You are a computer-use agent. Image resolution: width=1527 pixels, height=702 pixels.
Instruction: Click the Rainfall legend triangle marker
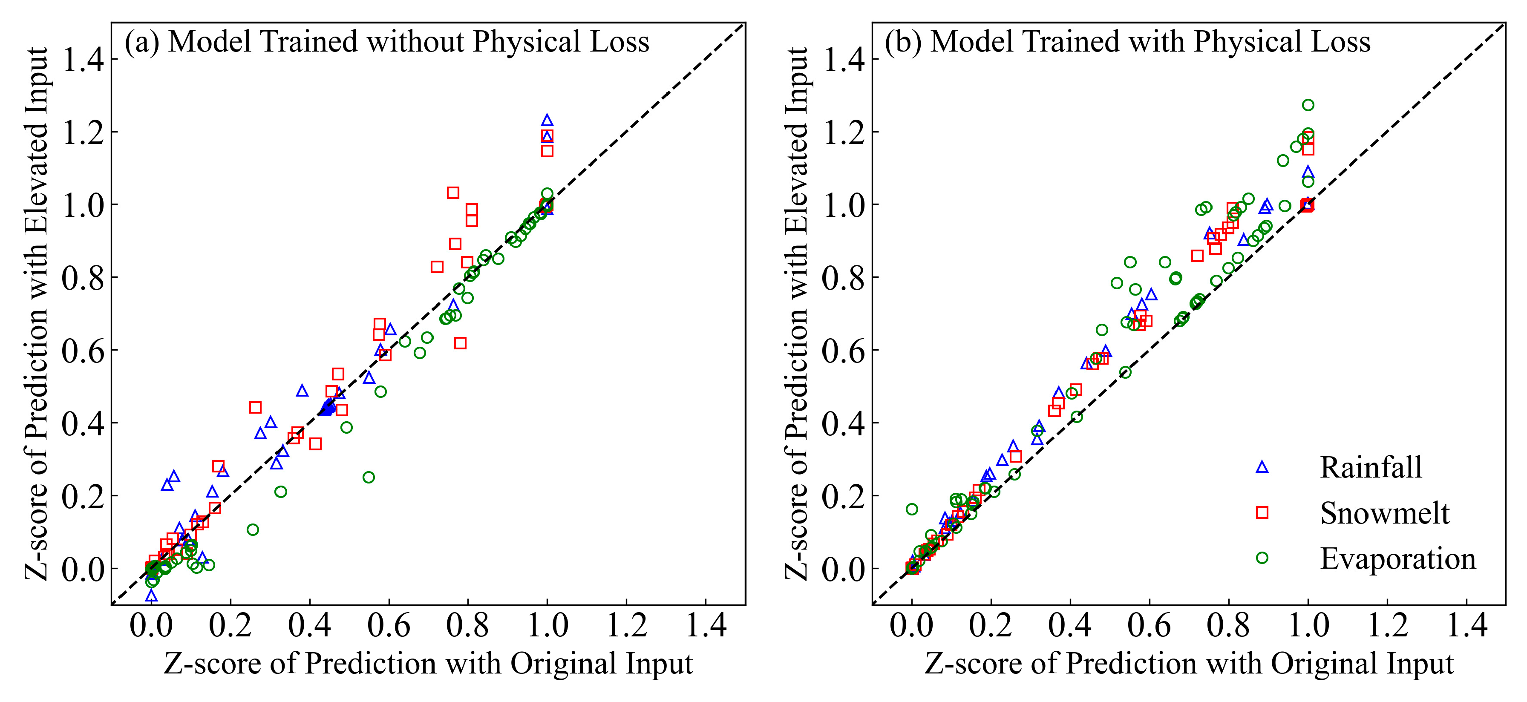pos(1262,467)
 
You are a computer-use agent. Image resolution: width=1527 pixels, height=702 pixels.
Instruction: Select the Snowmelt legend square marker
pos(1262,512)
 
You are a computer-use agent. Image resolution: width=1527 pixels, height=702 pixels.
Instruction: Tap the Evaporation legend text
pos(1397,558)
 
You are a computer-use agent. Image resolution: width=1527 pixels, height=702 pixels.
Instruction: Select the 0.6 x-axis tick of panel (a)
pos(388,625)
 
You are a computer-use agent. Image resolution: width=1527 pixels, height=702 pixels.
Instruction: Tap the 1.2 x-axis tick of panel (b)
pos(1387,625)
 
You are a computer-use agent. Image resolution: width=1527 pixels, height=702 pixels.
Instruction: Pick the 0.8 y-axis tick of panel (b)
pos(843,277)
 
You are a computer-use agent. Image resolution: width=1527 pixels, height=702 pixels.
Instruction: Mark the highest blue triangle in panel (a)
pos(547,121)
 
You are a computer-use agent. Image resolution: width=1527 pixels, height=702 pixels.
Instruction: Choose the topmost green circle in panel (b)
pos(1308,105)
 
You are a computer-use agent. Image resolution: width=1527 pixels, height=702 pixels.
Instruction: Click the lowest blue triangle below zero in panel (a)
pos(151,595)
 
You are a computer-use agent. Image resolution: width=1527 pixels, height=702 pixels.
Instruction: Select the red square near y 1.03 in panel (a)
pos(453,193)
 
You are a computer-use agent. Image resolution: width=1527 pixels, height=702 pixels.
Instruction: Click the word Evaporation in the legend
pos(1397,558)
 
